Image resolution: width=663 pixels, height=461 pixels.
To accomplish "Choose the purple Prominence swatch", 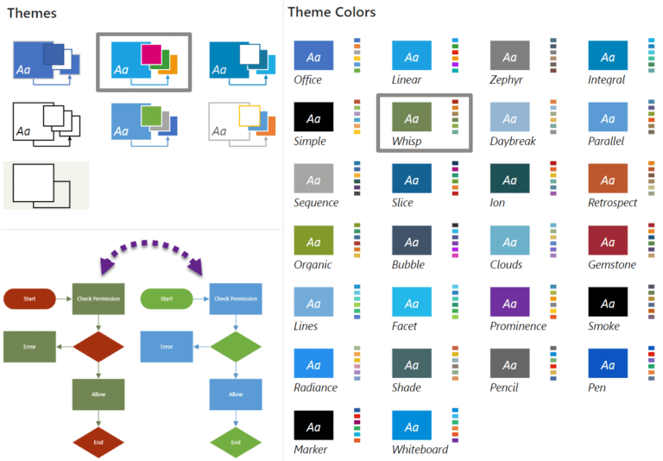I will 509,302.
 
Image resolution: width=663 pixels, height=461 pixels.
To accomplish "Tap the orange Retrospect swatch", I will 608,179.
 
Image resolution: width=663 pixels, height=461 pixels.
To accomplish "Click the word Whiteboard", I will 420,449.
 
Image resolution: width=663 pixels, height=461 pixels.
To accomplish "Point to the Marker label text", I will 311,449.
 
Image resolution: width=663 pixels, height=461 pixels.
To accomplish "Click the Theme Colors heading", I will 331,12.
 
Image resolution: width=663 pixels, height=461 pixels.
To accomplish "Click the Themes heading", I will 32,13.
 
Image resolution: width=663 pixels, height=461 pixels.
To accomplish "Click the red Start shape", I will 30,299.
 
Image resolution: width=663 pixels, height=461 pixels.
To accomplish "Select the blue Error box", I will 167,346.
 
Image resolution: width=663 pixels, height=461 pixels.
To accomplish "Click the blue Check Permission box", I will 236,299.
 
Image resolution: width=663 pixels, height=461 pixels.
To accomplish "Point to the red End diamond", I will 98,442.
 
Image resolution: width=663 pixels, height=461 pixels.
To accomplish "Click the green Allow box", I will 98,394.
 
